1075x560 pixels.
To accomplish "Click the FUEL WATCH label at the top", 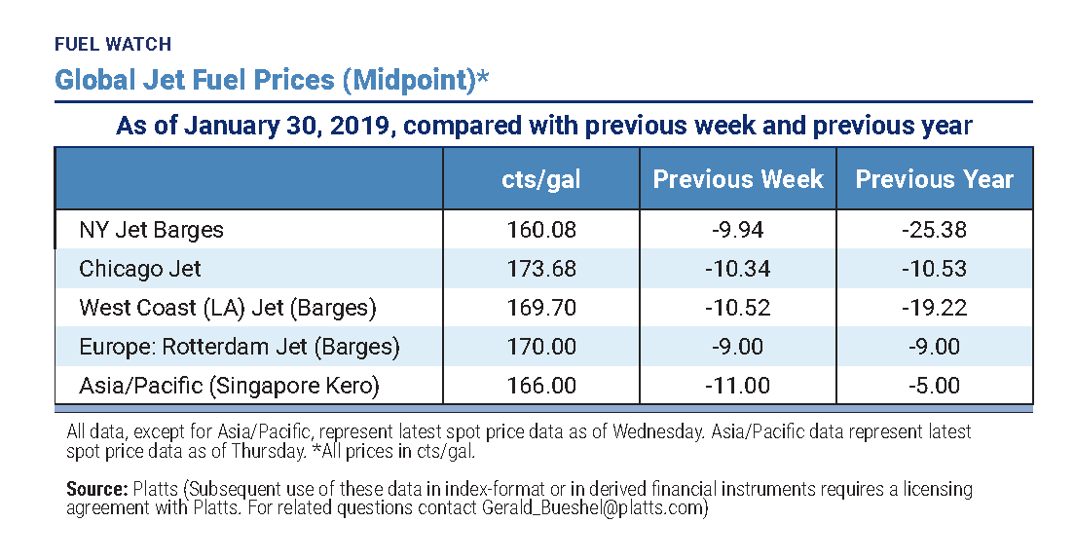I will [113, 44].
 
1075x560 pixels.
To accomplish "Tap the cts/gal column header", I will [541, 179].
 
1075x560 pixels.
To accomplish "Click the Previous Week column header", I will [737, 179].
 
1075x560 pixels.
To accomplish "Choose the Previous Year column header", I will [934, 179].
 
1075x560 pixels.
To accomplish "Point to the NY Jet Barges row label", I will [151, 230].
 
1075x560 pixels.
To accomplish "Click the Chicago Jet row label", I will [140, 269].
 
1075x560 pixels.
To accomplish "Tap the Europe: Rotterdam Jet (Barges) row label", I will [239, 347].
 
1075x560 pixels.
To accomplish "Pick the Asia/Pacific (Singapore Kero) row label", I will [229, 386].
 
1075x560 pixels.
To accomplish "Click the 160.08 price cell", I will [541, 230].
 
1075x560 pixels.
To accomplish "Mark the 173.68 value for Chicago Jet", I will [541, 269].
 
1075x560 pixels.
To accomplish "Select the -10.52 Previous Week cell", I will [737, 308].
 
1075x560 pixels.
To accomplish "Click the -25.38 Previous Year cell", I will [934, 230].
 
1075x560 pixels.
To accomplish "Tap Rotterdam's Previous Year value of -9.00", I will [934, 347].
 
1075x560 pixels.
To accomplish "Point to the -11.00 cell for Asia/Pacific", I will [737, 386].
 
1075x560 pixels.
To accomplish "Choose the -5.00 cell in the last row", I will [934, 386].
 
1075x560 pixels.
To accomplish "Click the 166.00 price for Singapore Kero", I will [541, 386].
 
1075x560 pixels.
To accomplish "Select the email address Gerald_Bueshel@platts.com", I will [593, 507].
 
